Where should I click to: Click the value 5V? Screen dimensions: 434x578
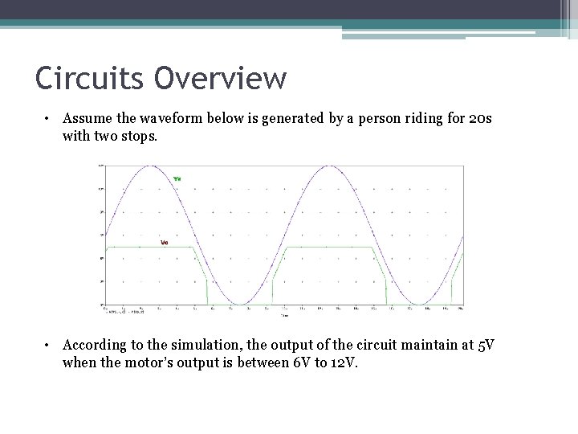[486, 345]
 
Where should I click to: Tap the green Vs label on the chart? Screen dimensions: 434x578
[177, 178]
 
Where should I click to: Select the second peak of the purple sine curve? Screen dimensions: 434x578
[328, 166]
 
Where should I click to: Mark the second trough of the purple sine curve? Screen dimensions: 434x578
[417, 305]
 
